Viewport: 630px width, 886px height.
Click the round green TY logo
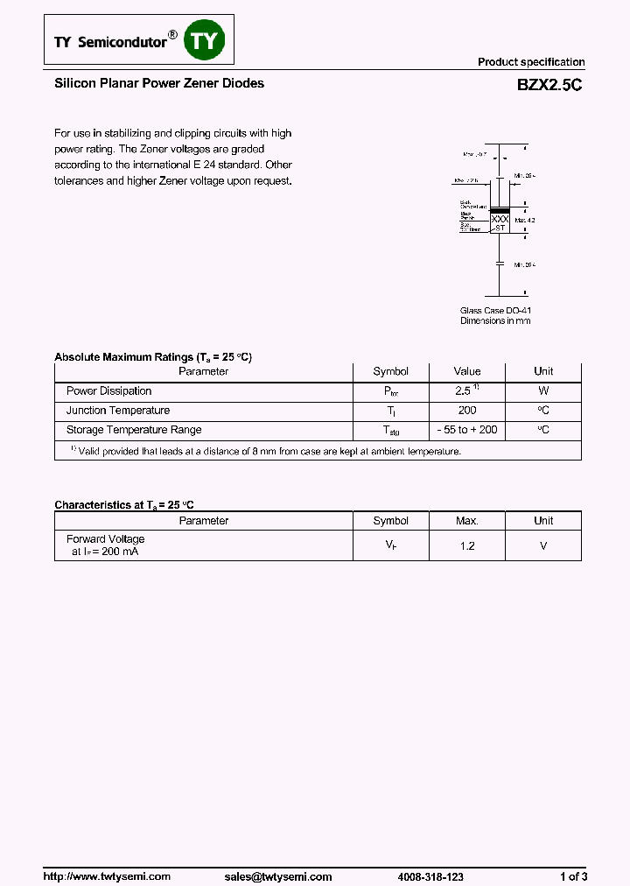pyautogui.click(x=205, y=41)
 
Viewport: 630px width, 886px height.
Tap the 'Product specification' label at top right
pyautogui.click(x=530, y=62)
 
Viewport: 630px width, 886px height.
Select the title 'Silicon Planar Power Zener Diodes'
pyautogui.click(x=159, y=83)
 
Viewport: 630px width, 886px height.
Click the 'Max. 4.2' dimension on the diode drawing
pyautogui.click(x=524, y=220)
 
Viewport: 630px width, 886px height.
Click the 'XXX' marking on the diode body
pyautogui.click(x=499, y=219)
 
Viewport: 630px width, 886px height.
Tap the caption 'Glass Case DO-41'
pyautogui.click(x=495, y=311)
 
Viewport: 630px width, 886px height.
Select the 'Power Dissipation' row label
pyautogui.click(x=109, y=391)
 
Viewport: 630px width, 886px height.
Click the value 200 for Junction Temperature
pyautogui.click(x=467, y=411)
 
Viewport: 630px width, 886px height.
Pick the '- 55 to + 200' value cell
pyautogui.click(x=467, y=430)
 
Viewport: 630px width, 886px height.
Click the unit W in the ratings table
pyautogui.click(x=543, y=391)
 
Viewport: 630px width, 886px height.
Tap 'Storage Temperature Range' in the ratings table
pyautogui.click(x=134, y=430)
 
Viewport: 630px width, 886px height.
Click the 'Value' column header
pyautogui.click(x=467, y=371)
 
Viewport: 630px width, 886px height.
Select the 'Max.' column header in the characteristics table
pyautogui.click(x=467, y=521)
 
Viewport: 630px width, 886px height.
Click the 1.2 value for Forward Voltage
pyautogui.click(x=467, y=545)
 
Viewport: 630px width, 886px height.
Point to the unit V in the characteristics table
pyautogui.click(x=543, y=545)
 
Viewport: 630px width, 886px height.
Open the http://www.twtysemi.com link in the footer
pyautogui.click(x=107, y=852)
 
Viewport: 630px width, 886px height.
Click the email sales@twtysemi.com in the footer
pyautogui.click(x=278, y=852)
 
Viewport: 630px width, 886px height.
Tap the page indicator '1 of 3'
pyautogui.click(x=573, y=852)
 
